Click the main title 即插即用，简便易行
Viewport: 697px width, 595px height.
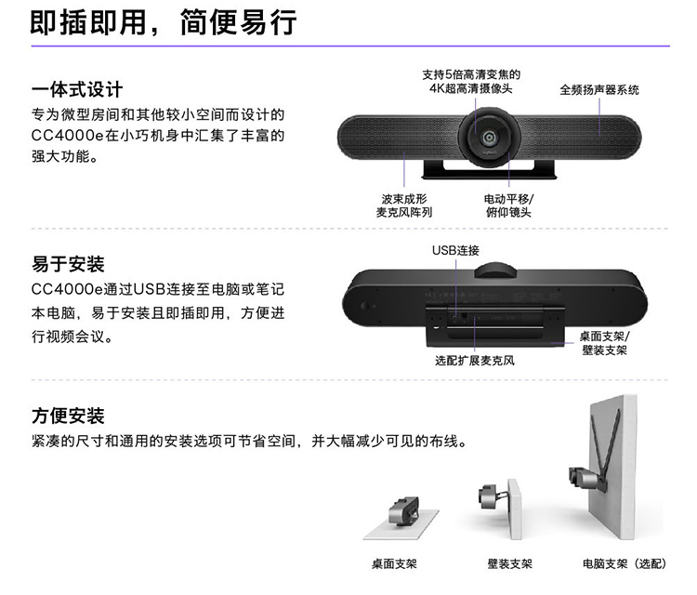(164, 22)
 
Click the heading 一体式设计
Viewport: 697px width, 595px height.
(77, 89)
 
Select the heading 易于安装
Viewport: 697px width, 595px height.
(68, 264)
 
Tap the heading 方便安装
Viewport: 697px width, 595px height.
(68, 416)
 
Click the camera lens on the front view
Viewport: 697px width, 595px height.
(490, 137)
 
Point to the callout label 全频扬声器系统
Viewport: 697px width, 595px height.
(599, 90)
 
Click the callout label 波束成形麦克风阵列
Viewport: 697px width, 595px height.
(404, 205)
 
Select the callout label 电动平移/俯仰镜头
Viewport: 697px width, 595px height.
(509, 205)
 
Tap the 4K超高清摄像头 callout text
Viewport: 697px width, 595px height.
(471, 88)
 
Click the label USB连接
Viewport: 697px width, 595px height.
(455, 251)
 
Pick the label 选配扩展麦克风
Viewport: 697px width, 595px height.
(475, 361)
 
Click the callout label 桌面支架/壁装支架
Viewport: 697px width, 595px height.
(605, 343)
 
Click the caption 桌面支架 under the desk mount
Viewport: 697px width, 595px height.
(394, 564)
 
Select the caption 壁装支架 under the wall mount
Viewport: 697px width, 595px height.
(510, 564)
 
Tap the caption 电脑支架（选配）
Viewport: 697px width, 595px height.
(625, 564)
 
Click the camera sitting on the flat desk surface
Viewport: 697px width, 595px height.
(403, 510)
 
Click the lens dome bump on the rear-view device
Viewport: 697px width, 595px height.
(495, 270)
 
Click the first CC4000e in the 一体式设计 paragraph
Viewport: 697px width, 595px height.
(67, 136)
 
